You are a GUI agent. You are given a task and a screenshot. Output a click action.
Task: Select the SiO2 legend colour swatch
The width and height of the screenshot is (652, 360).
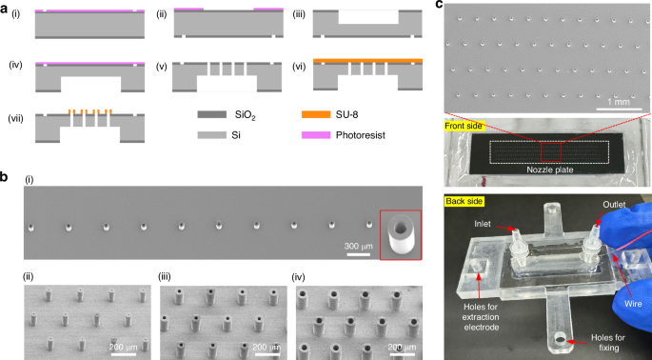coord(209,113)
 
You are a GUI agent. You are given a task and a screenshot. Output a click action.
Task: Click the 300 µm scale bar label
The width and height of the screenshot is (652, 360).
coord(358,247)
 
